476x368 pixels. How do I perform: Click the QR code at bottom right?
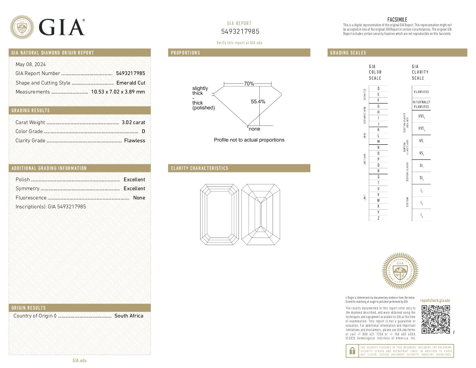(436, 319)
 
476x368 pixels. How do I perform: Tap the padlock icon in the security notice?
(352, 351)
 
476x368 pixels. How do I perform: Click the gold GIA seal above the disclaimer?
(400, 271)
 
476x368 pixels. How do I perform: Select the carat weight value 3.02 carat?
(133, 122)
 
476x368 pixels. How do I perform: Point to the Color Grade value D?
(143, 131)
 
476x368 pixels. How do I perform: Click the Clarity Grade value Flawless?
(134, 141)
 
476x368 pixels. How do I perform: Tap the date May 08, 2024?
(31, 64)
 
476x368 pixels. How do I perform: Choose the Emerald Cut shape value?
(131, 83)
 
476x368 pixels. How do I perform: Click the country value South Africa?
(129, 316)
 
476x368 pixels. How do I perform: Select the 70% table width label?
(249, 84)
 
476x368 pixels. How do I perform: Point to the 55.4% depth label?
(258, 102)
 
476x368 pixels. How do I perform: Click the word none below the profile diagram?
(254, 129)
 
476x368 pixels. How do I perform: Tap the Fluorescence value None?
(139, 198)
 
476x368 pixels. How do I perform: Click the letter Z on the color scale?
(378, 218)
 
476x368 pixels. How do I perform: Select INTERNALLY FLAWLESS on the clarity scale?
(421, 104)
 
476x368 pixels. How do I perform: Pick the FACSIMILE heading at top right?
(397, 20)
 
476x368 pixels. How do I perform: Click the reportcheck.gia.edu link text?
(435, 300)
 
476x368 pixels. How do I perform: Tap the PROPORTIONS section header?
(185, 53)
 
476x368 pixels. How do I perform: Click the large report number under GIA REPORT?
(240, 31)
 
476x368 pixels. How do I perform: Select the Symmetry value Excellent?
(134, 188)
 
